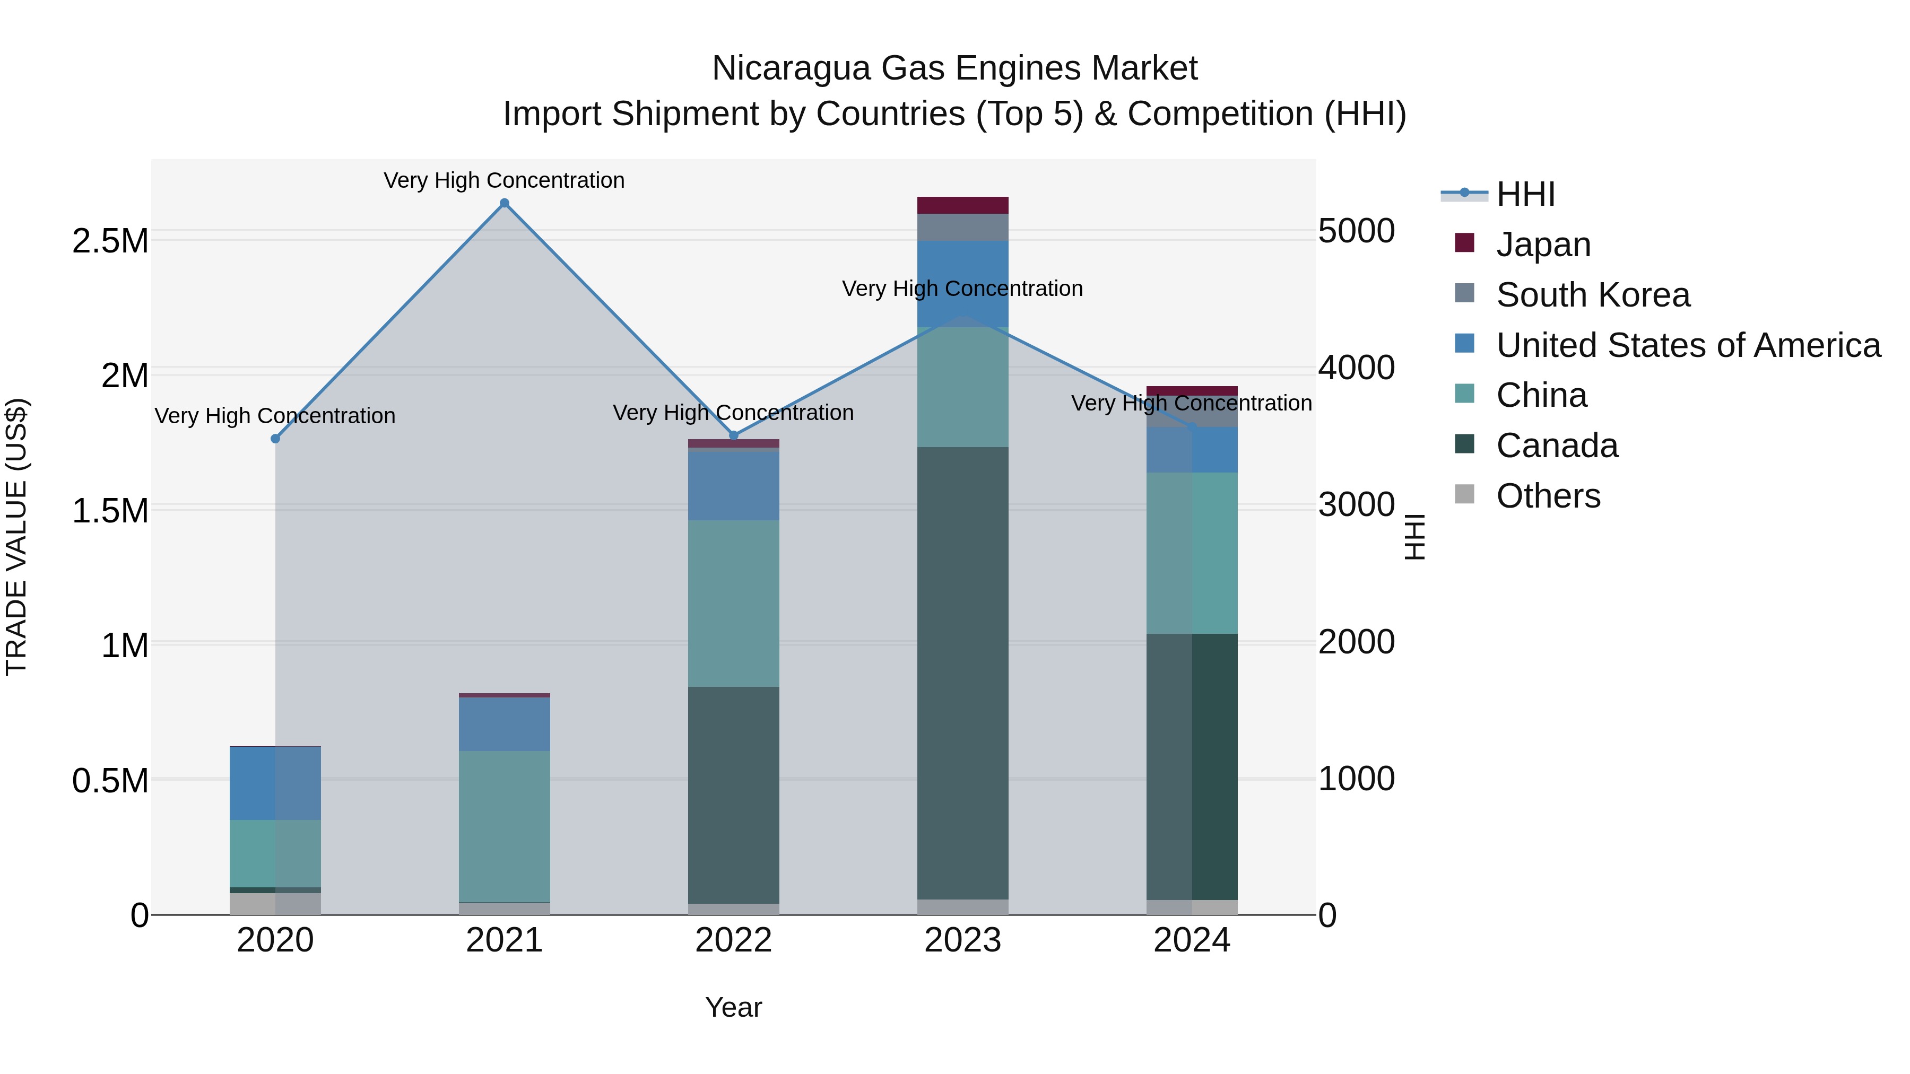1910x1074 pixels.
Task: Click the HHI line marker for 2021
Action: [x=504, y=203]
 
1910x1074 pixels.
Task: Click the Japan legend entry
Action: [x=1543, y=244]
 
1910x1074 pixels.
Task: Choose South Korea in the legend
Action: [x=1593, y=294]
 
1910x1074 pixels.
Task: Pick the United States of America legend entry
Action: [x=1688, y=345]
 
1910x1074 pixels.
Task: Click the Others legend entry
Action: [x=1548, y=496]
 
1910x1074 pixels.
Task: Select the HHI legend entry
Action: [x=1525, y=194]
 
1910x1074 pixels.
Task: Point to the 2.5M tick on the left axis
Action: [x=110, y=241]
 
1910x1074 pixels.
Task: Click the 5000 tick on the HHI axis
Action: [x=1356, y=231]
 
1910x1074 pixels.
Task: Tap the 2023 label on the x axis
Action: [x=962, y=940]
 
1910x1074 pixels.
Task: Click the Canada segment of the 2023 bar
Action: [x=962, y=673]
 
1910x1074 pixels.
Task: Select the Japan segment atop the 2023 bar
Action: [x=962, y=205]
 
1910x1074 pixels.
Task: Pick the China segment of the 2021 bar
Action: [x=504, y=826]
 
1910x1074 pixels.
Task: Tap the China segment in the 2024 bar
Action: [x=1192, y=553]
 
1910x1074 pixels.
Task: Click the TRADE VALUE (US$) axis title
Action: [x=16, y=537]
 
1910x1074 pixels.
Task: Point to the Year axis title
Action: [x=733, y=1007]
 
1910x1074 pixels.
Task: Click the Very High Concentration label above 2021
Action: [x=504, y=180]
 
